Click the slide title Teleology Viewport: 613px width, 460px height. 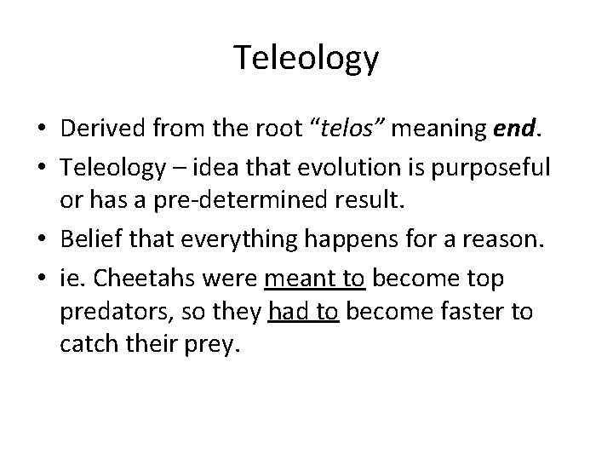coord(306,59)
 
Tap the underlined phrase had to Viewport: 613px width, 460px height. coord(304,313)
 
